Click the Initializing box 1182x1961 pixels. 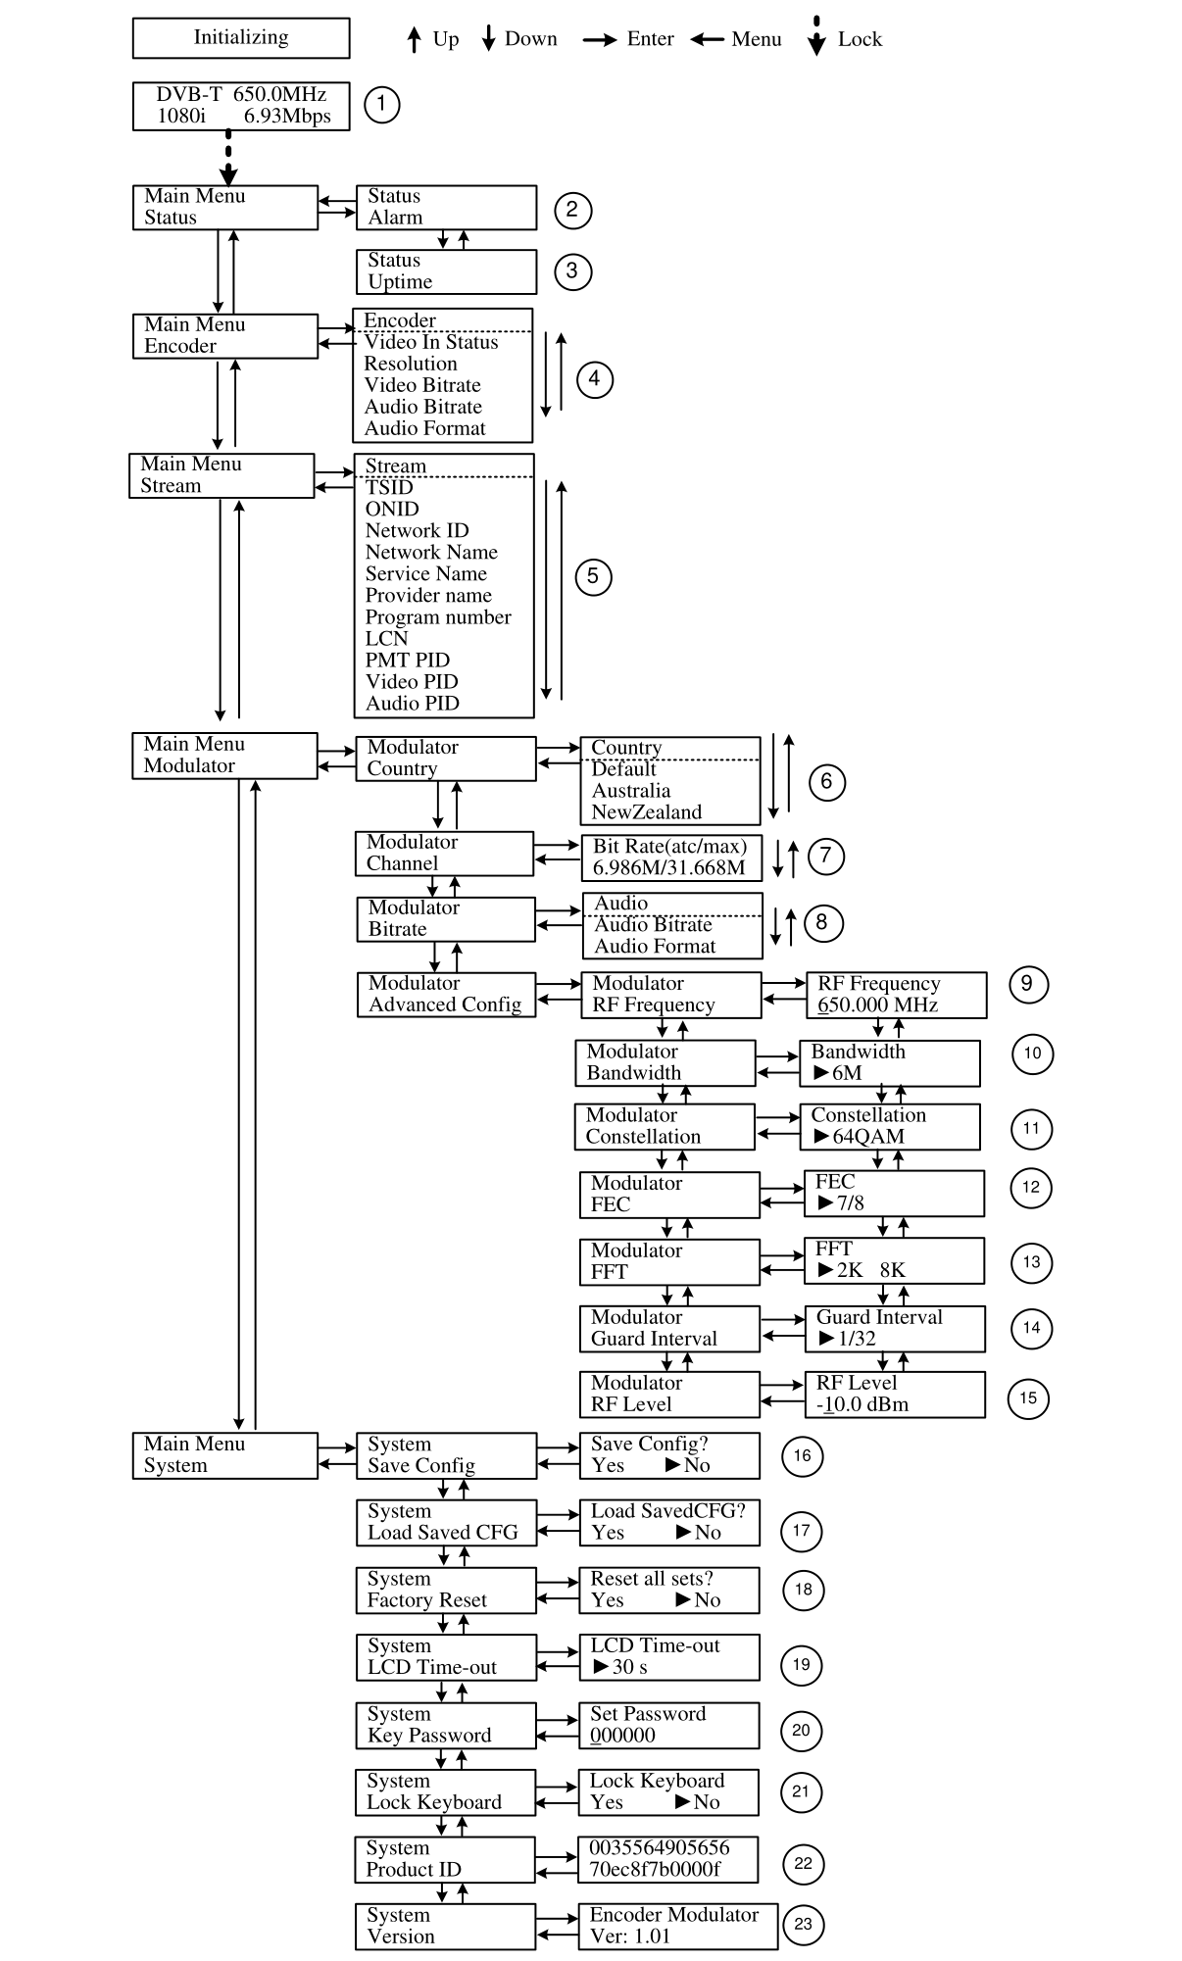[241, 38]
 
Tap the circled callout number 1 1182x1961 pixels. [381, 104]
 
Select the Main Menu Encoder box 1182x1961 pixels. [225, 336]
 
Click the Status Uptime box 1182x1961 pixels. [446, 271]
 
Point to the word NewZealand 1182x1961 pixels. [646, 812]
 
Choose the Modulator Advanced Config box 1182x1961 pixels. [446, 994]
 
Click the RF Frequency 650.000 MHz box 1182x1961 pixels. [895, 995]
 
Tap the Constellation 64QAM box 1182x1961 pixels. [889, 1126]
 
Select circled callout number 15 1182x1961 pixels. [1027, 1397]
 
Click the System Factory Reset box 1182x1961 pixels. [446, 1590]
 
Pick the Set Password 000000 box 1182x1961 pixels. [668, 1725]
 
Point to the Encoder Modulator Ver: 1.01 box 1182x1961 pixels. [677, 1926]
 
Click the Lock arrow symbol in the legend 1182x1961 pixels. [816, 37]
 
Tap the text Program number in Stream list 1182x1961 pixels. [438, 617]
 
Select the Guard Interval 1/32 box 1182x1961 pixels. [894, 1329]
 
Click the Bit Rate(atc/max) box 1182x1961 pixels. [670, 857]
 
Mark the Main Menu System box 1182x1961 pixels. [225, 1455]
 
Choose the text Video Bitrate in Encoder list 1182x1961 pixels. [422, 385]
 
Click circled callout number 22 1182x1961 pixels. [803, 1863]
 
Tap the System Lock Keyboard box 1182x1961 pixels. [445, 1792]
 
